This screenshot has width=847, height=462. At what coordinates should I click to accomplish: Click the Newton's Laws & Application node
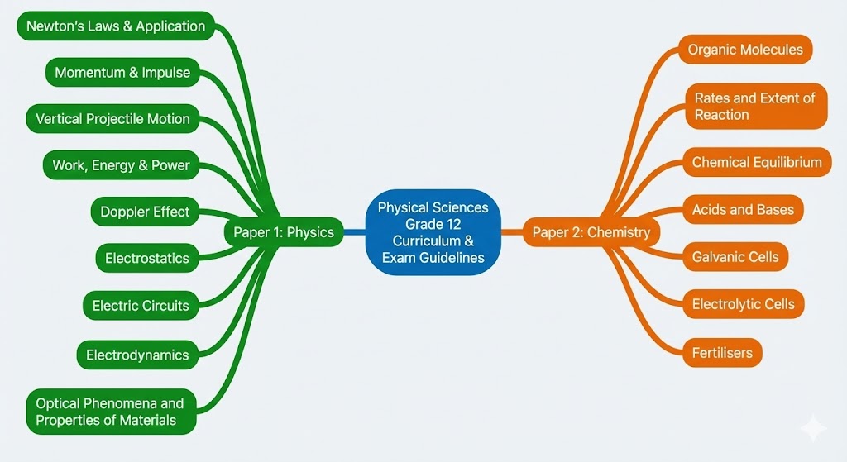point(116,26)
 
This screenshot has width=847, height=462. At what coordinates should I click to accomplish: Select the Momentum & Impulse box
point(122,73)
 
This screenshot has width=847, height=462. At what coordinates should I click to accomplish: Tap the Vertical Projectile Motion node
point(112,119)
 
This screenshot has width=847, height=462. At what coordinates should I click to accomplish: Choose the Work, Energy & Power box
point(121,165)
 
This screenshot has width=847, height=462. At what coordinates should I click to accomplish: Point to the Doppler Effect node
point(145,212)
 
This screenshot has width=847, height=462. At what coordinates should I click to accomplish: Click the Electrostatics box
point(147,258)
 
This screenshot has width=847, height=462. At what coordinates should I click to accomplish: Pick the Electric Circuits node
point(141,305)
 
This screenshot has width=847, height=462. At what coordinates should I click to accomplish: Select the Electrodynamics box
point(137,355)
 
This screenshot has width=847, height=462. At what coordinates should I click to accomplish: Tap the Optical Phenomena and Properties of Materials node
point(110,412)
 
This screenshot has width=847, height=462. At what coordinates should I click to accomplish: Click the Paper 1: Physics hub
point(284,232)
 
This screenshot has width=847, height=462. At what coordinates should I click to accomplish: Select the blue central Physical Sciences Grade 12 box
point(433,232)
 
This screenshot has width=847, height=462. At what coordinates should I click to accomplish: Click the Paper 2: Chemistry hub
point(591,232)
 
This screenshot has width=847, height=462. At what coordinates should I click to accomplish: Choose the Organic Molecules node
point(745,50)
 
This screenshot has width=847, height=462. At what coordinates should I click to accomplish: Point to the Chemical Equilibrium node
point(757,162)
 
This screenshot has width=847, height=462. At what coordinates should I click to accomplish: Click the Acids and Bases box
point(743,210)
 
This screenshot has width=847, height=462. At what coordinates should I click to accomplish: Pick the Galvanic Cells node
point(735,257)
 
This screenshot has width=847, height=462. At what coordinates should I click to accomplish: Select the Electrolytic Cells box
point(743,304)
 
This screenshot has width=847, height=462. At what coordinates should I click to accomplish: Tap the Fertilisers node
point(722,353)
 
